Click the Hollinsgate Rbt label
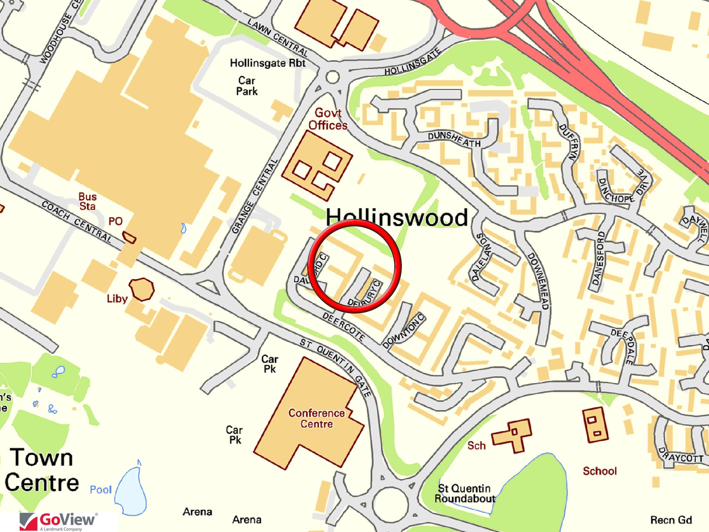267,63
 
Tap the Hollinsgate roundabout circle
332,77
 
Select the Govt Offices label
327,119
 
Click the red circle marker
354,266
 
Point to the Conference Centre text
316,418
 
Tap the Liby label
117,299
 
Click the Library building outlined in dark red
142,289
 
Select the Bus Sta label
87,201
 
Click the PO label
115,221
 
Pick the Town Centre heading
42,470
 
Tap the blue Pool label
101,489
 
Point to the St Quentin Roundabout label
465,493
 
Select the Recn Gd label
671,520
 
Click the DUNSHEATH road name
454,139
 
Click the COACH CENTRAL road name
77,222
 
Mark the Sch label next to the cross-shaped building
476,446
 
